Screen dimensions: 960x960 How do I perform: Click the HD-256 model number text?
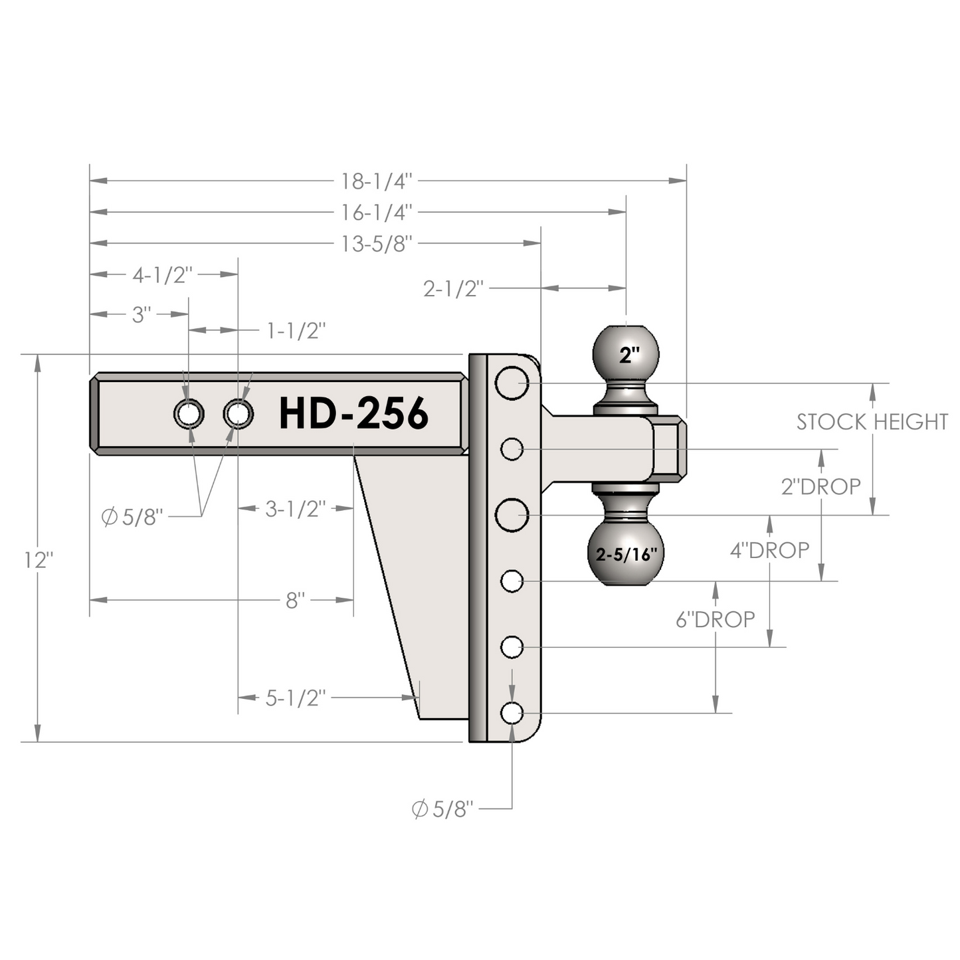(353, 413)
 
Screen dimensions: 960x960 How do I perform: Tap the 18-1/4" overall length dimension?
(377, 181)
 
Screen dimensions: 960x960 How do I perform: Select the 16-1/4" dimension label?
(377, 213)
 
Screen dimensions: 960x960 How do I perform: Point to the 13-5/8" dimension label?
(377, 244)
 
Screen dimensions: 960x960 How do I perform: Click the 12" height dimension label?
(39, 561)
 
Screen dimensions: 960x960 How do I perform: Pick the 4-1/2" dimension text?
(162, 275)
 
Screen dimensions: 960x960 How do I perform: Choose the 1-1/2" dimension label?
(296, 331)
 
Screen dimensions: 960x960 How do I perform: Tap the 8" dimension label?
(296, 601)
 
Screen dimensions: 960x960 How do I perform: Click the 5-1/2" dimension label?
(296, 698)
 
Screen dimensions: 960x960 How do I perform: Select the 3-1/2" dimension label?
(296, 509)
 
